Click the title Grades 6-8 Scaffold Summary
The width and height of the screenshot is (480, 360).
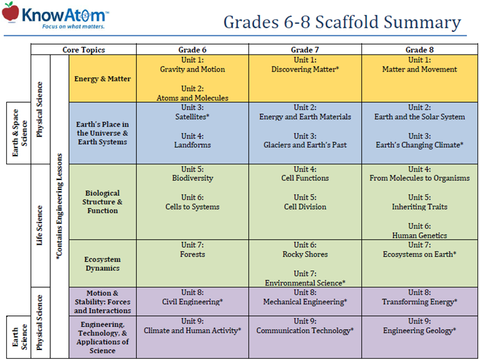(342, 23)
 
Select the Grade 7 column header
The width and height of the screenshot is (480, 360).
(304, 50)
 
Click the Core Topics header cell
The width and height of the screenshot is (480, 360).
(83, 50)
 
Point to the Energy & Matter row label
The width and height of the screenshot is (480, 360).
(102, 79)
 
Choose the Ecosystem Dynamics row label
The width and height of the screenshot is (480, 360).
(102, 263)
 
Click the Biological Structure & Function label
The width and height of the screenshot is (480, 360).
(102, 202)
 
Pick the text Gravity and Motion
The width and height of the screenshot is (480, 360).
(192, 70)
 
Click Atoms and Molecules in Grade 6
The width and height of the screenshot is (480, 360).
(192, 98)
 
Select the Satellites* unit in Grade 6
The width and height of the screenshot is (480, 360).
(192, 117)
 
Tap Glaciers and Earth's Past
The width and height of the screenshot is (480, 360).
(305, 145)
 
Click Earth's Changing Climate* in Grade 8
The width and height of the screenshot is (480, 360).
(419, 145)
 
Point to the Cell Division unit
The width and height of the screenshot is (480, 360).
(305, 206)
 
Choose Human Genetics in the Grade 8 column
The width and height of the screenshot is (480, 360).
(419, 235)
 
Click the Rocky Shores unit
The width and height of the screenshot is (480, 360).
(305, 254)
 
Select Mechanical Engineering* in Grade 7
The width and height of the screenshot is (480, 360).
(305, 302)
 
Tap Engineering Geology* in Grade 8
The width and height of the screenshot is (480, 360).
(419, 331)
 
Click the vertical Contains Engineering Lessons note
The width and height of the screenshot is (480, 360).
(60, 207)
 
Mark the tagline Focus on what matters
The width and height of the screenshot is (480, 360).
(72, 27)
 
